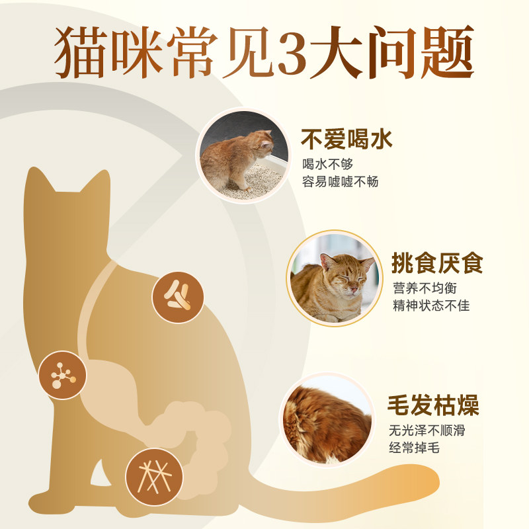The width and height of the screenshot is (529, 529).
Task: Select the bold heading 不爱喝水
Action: [346, 140]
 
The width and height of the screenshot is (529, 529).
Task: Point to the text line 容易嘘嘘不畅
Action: [340, 181]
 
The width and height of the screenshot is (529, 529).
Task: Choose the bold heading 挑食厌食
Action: [437, 263]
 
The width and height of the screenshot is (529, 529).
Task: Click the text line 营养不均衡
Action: [425, 288]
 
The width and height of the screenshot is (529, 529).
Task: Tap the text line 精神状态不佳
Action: [431, 306]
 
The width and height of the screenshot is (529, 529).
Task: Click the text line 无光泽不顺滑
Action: [427, 430]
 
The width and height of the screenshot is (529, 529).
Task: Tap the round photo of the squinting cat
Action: [335, 278]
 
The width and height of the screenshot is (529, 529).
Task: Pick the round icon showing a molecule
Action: [63, 376]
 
